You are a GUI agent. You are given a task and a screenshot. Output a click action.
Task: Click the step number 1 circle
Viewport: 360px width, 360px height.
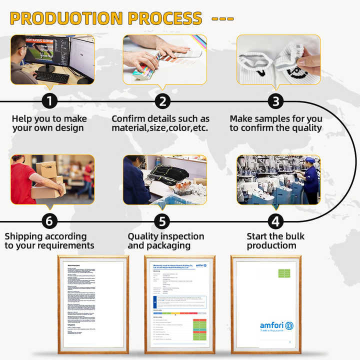pyautogui.click(x=49, y=101)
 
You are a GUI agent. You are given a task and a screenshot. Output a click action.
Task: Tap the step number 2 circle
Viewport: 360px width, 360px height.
pyautogui.click(x=162, y=101)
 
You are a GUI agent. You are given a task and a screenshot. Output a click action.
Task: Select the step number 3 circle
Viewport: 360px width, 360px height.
pyautogui.click(x=275, y=101)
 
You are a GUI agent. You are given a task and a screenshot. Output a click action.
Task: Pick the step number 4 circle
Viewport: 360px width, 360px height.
pyautogui.click(x=275, y=221)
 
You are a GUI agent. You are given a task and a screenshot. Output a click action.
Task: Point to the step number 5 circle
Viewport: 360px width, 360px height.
pyautogui.click(x=162, y=221)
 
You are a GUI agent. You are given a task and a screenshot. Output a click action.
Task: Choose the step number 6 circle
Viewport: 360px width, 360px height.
pyautogui.click(x=49, y=221)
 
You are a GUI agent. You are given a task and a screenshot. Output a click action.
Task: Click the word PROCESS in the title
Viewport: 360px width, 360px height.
pyautogui.click(x=165, y=18)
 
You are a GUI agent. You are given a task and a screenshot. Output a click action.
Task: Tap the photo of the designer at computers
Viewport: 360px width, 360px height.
pyautogui.click(x=52, y=59)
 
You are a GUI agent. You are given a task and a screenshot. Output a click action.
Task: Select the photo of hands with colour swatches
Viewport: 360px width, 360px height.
pyautogui.click(x=165, y=59)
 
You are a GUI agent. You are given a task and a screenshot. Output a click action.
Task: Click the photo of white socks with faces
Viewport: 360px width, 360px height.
pyautogui.click(x=278, y=59)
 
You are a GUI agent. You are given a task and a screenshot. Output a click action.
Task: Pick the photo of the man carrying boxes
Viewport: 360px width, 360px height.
pyautogui.click(x=52, y=179)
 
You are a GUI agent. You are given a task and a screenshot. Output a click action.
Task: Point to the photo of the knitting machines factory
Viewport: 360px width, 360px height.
pyautogui.click(x=278, y=179)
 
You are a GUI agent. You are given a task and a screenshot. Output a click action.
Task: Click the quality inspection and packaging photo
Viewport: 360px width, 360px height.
pyautogui.click(x=165, y=179)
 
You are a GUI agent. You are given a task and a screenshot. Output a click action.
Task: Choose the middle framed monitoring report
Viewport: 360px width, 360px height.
pyautogui.click(x=179, y=302)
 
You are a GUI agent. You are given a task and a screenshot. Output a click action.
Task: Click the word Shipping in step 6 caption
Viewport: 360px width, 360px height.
pyautogui.click(x=24, y=236)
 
